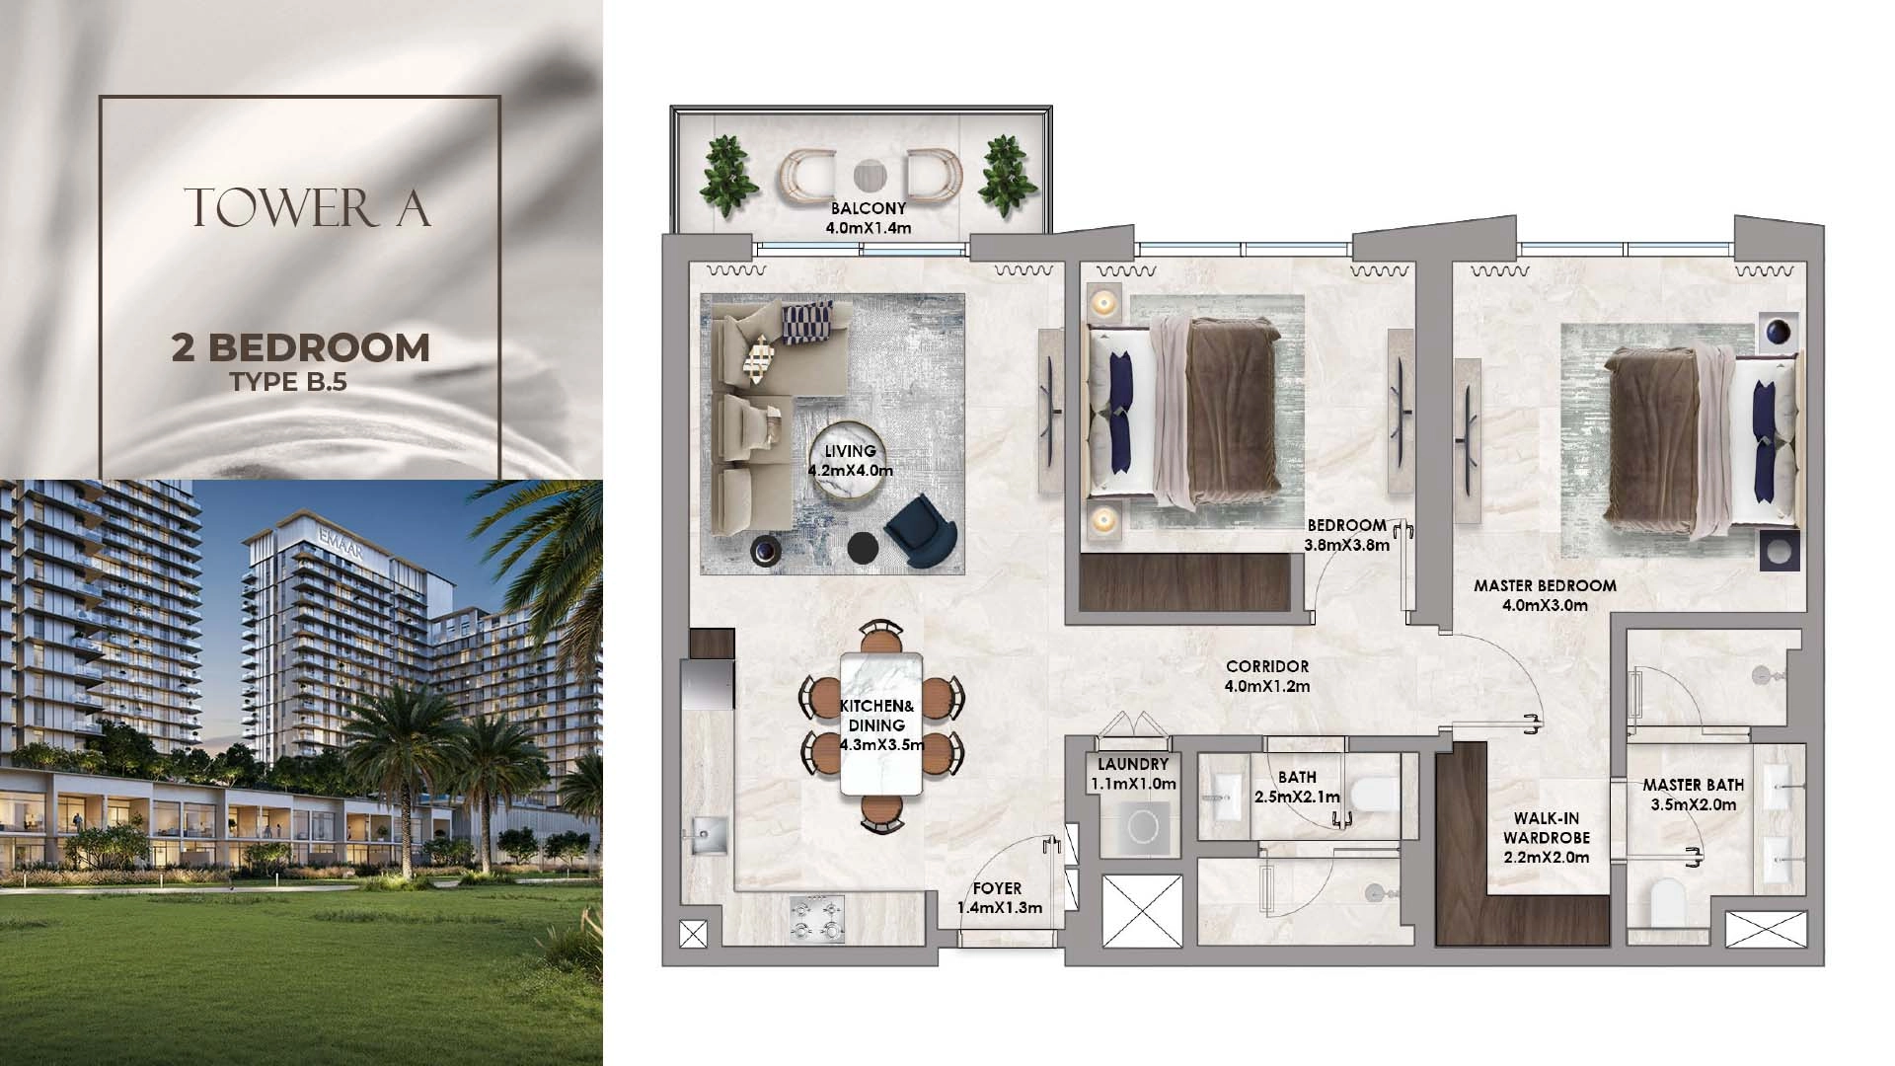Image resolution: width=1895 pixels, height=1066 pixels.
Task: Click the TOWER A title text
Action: click(x=307, y=207)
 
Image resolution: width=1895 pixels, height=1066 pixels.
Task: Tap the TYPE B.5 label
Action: click(x=289, y=382)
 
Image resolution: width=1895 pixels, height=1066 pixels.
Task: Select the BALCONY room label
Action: click(x=869, y=208)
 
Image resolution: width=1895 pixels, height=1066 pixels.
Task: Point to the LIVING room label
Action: click(x=851, y=451)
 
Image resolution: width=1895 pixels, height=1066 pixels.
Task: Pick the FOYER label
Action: click(x=997, y=888)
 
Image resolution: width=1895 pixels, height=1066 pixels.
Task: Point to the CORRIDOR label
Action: click(x=1267, y=667)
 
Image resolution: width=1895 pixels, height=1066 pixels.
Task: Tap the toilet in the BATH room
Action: click(x=1374, y=793)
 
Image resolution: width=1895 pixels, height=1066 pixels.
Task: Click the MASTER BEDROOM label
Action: click(x=1546, y=585)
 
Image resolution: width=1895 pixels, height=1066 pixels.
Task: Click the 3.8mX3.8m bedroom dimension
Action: click(x=1347, y=545)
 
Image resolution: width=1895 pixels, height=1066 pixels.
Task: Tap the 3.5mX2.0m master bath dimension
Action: click(x=1694, y=804)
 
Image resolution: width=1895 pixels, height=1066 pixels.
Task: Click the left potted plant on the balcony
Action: click(x=729, y=177)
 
